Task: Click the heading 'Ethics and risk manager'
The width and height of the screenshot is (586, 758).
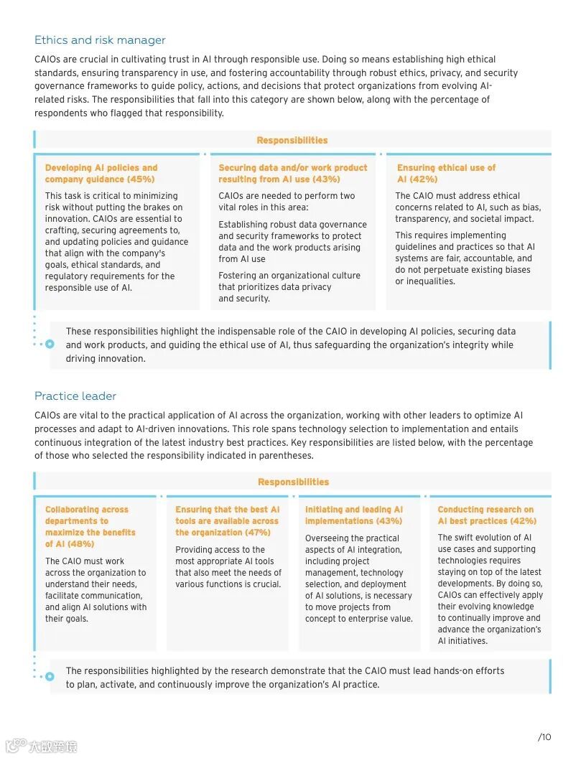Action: [100, 40]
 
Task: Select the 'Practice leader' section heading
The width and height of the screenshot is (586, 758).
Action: [75, 396]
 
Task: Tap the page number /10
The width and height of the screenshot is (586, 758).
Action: [544, 736]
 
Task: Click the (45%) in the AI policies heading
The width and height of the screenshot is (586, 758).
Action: [141, 179]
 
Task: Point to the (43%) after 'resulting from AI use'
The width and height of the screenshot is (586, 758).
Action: [327, 179]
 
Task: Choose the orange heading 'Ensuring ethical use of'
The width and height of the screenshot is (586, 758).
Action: [446, 168]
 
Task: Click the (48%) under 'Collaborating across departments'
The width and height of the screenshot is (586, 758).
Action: [80, 544]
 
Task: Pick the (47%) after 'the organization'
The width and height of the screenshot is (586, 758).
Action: [257, 533]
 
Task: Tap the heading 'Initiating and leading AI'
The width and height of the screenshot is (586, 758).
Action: [354, 510]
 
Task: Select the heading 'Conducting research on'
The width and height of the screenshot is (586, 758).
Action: [485, 510]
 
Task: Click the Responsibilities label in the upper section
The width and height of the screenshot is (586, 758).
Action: [292, 141]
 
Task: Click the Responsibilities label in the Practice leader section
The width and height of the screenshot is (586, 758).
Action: [294, 482]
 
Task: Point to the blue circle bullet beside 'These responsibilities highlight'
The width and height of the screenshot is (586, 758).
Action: [50, 344]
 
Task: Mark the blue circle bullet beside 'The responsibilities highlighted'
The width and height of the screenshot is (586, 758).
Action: [50, 676]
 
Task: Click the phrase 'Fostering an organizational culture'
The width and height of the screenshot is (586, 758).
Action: [289, 276]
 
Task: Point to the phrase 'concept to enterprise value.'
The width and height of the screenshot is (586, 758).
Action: [358, 619]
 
